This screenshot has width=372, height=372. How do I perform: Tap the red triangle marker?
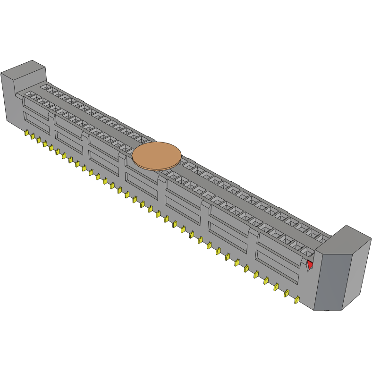pyautogui.click(x=310, y=265)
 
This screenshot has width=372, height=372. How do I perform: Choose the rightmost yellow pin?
pyautogui.click(x=297, y=300)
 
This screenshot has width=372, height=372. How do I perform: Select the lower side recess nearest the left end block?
pyautogui.click(x=36, y=123)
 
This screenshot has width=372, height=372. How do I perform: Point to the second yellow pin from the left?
pyautogui.click(x=33, y=137)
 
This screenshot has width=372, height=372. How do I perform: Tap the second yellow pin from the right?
pyautogui.click(x=287, y=293)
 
